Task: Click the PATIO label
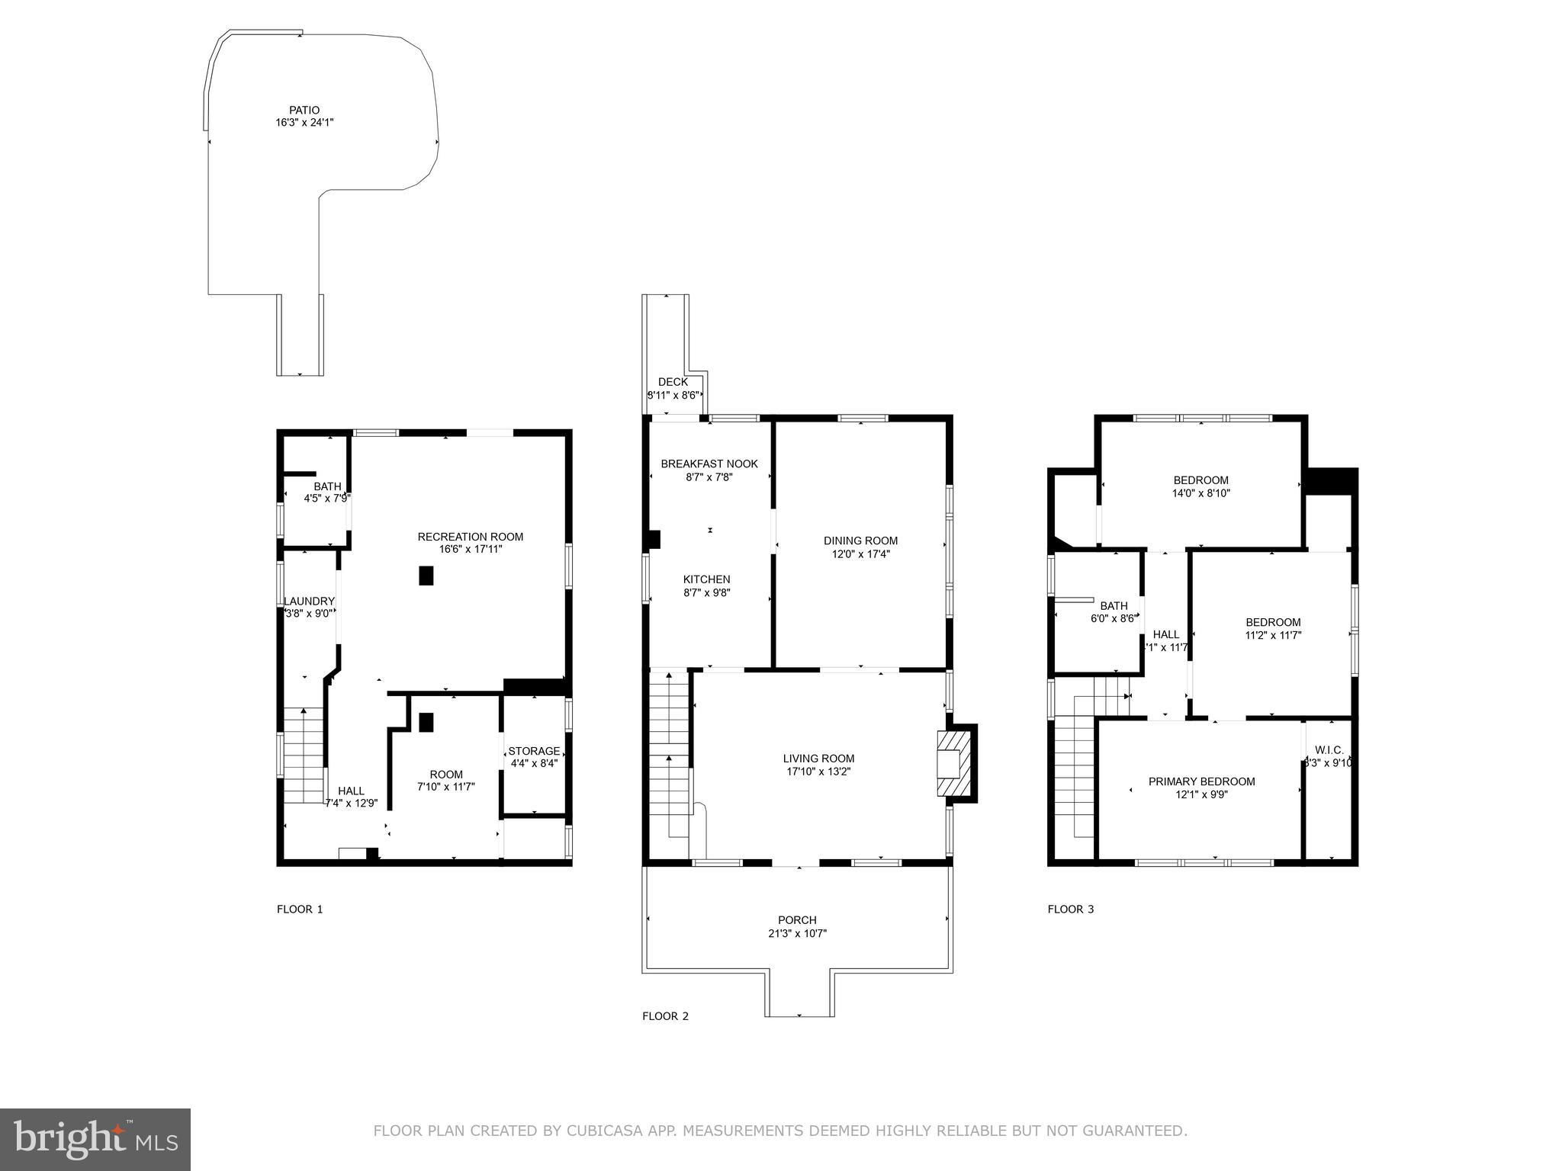click(x=304, y=110)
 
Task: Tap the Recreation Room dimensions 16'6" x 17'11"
click(x=471, y=549)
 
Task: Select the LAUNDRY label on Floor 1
click(x=309, y=601)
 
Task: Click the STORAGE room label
click(x=534, y=751)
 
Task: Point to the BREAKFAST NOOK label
click(x=709, y=464)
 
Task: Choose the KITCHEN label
click(x=706, y=579)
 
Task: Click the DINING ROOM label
click(x=860, y=541)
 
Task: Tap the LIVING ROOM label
click(x=818, y=759)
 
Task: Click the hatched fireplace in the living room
click(x=950, y=763)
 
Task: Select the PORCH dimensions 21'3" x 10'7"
click(x=797, y=933)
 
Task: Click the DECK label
click(x=673, y=382)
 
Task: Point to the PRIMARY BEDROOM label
click(x=1201, y=781)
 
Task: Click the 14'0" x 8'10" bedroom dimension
click(x=1201, y=493)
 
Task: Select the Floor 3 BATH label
click(x=1114, y=606)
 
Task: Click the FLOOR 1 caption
click(x=300, y=909)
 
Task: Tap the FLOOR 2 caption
click(x=665, y=1015)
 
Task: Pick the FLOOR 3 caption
click(x=1071, y=909)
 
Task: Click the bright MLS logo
click(x=95, y=1139)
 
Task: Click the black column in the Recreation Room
click(x=426, y=576)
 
